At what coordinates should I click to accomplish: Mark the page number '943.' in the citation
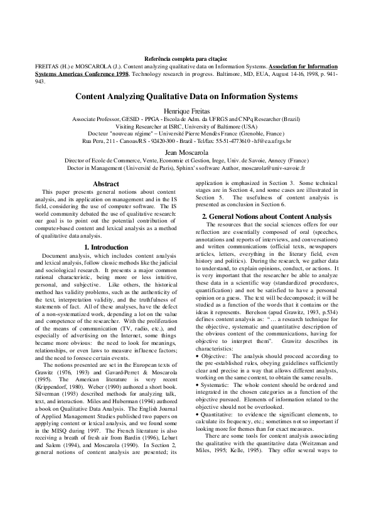(x=40, y=80)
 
